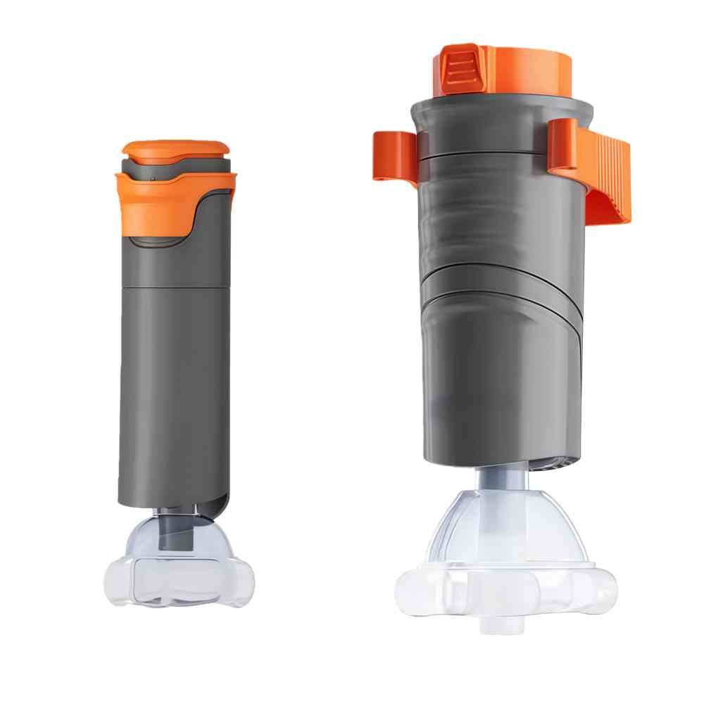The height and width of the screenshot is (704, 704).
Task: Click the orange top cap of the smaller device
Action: (176, 149)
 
